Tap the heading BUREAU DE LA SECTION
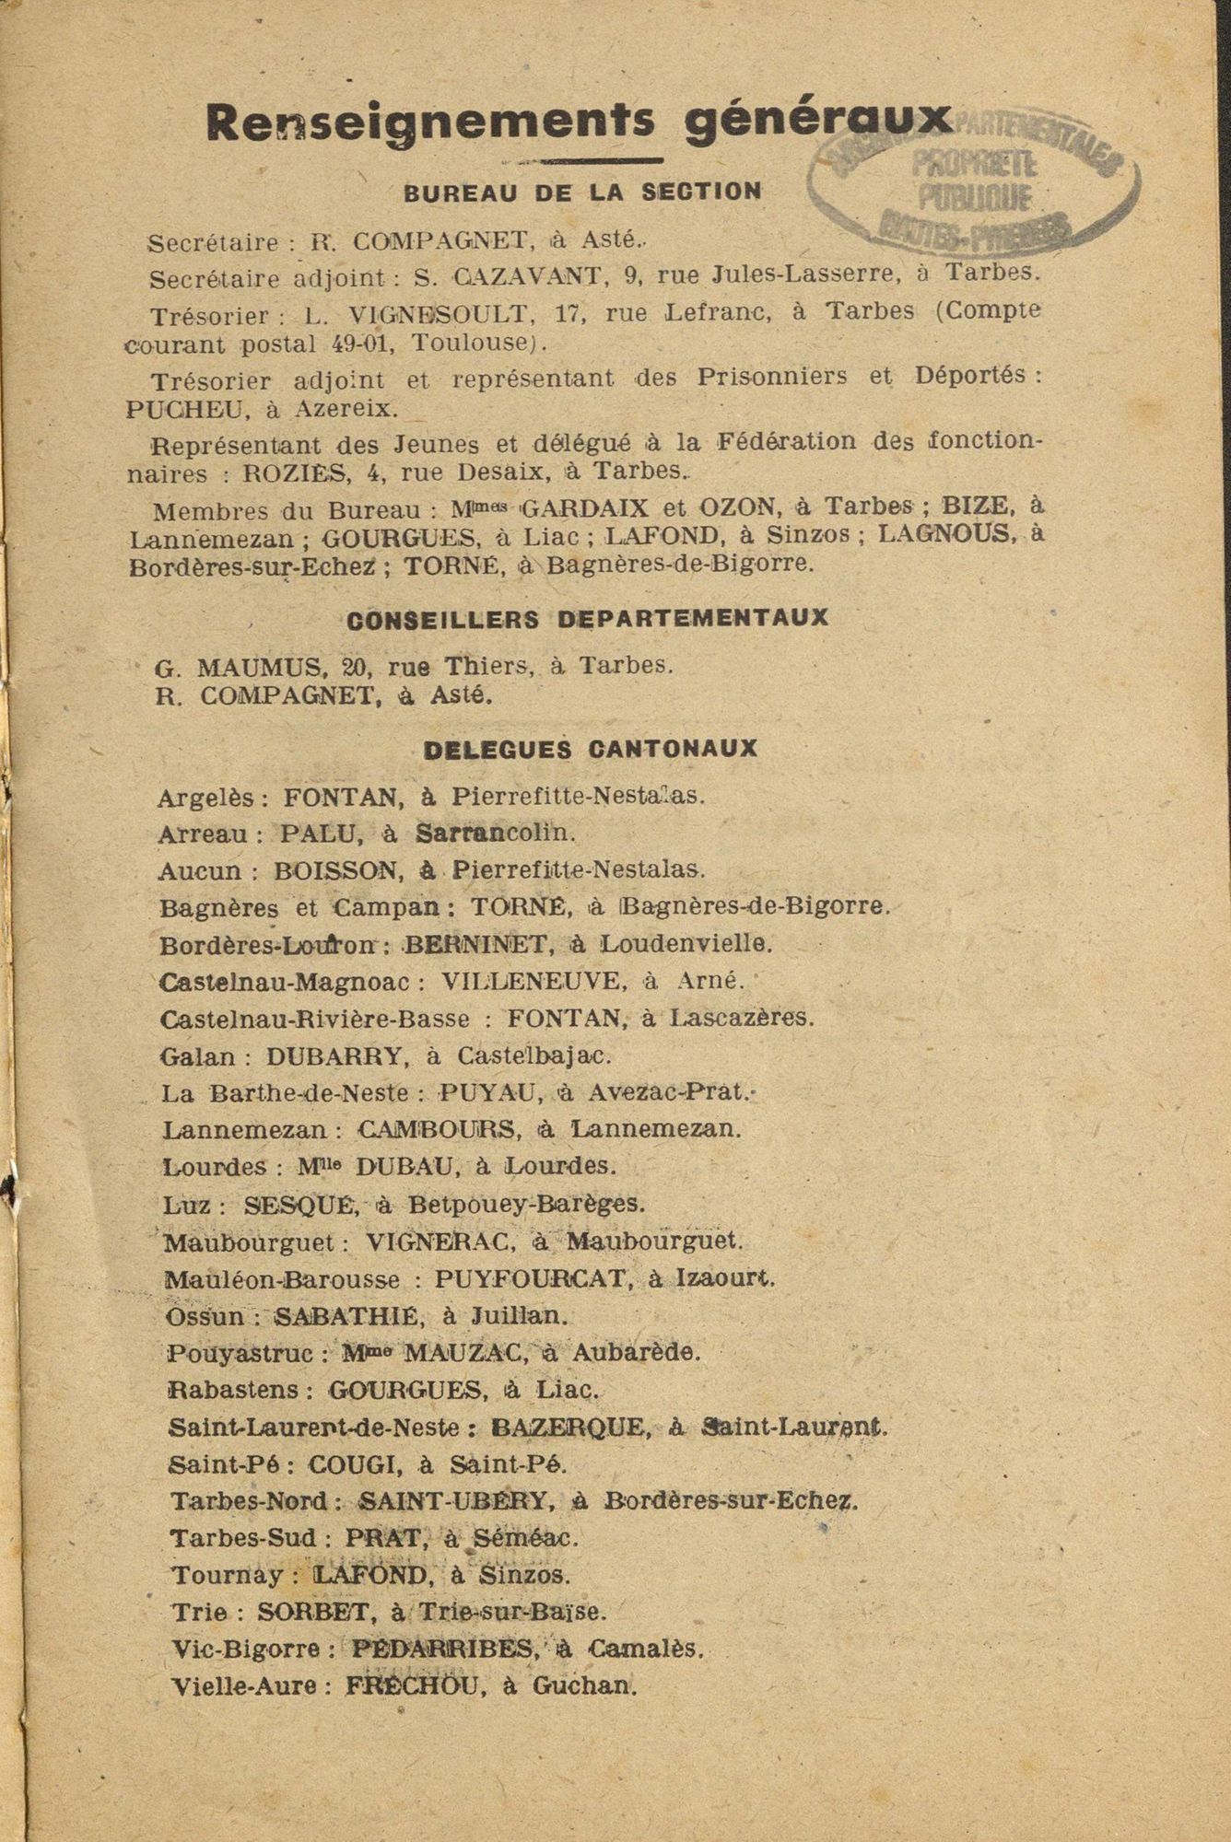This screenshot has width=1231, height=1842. pyautogui.click(x=583, y=192)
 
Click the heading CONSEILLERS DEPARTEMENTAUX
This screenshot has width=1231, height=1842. pyautogui.click(x=587, y=619)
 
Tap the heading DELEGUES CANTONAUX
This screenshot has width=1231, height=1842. pyautogui.click(x=590, y=749)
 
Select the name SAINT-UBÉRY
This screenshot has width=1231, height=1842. pyautogui.click(x=456, y=1501)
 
